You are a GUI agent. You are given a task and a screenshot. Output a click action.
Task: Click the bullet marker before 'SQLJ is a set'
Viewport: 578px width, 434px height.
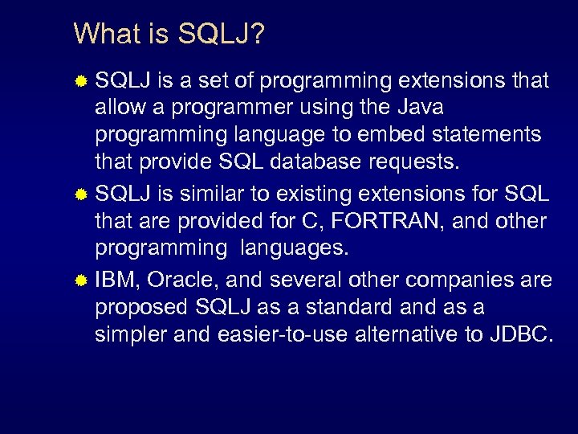click(x=81, y=81)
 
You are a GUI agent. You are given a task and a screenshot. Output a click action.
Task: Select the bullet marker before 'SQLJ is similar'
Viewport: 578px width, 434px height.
click(x=81, y=194)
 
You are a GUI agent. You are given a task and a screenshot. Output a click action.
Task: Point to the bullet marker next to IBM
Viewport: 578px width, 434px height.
click(x=81, y=280)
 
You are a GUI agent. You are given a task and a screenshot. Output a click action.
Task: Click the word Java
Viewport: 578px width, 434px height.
click(x=419, y=107)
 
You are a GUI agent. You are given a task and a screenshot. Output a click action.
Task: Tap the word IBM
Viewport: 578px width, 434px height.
click(x=116, y=280)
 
